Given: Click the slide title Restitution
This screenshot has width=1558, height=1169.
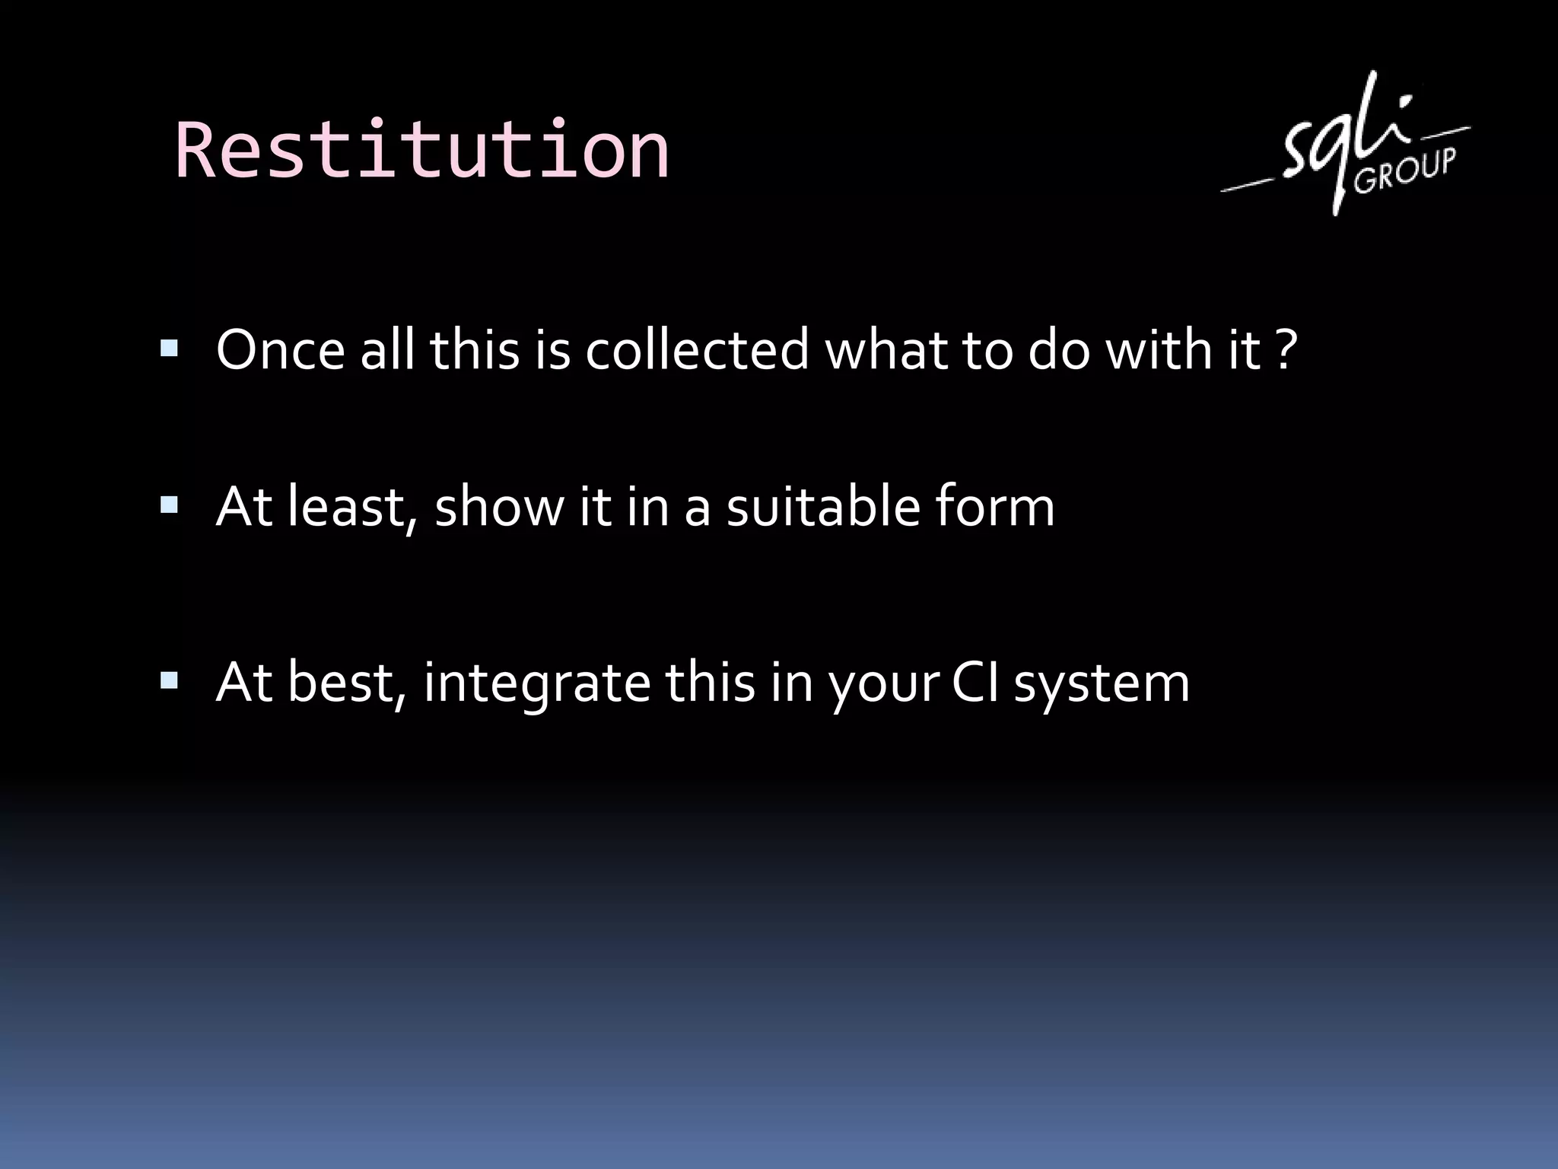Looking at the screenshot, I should [x=422, y=150].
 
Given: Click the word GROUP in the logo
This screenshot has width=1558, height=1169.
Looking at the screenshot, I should [x=1404, y=172].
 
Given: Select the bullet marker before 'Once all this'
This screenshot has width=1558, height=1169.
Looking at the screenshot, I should [x=169, y=349].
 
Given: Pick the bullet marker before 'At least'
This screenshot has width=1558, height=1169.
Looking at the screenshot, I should [x=169, y=505].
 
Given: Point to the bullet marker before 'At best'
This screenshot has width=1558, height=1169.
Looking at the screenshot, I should [x=169, y=680].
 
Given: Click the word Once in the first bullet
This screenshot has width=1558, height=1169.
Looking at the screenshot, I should [x=280, y=351].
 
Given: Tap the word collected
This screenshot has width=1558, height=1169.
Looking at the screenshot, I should [x=697, y=351].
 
